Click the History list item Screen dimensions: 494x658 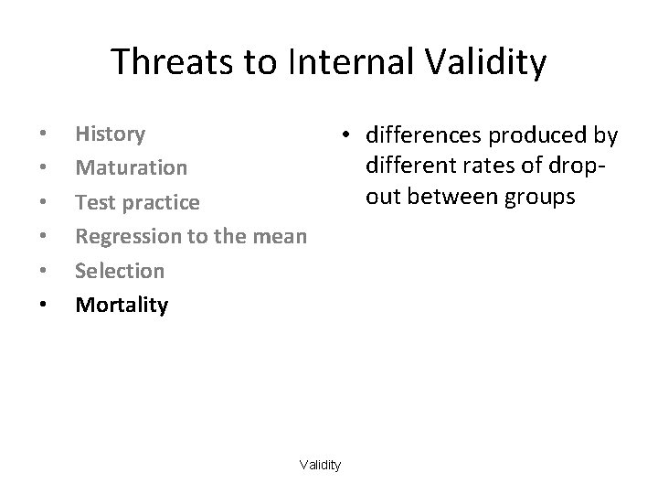(x=110, y=134)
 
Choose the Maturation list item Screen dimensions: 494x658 (x=131, y=168)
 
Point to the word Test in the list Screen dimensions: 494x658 (x=92, y=202)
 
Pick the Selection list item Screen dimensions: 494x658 (x=120, y=271)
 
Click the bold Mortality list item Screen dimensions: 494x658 (x=122, y=305)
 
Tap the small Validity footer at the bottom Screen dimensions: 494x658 (x=320, y=466)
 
